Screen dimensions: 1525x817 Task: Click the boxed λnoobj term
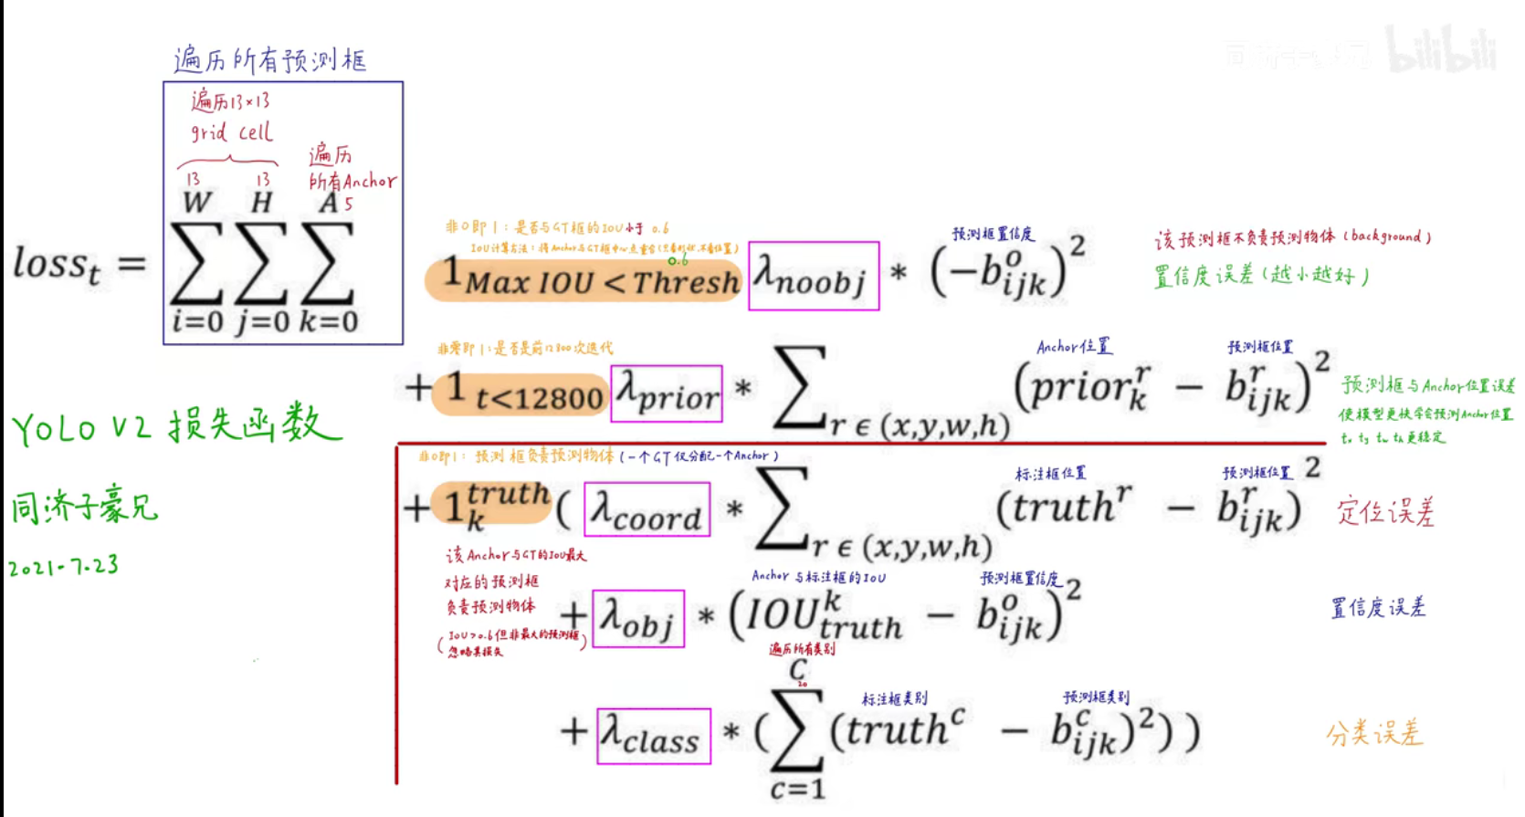[x=813, y=276]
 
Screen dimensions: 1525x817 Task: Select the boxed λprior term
[x=667, y=393]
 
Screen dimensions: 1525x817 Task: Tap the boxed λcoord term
[x=647, y=508]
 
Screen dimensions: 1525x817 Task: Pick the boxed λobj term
[x=638, y=618]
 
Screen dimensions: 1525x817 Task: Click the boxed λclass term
[x=654, y=736]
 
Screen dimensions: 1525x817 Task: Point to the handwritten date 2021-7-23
[x=64, y=567]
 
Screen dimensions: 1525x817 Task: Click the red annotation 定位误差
[x=1385, y=511]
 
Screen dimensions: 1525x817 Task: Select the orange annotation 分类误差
[x=1374, y=733]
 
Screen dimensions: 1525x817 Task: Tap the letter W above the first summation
[x=197, y=202]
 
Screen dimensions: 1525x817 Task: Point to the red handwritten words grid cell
[x=231, y=132]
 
